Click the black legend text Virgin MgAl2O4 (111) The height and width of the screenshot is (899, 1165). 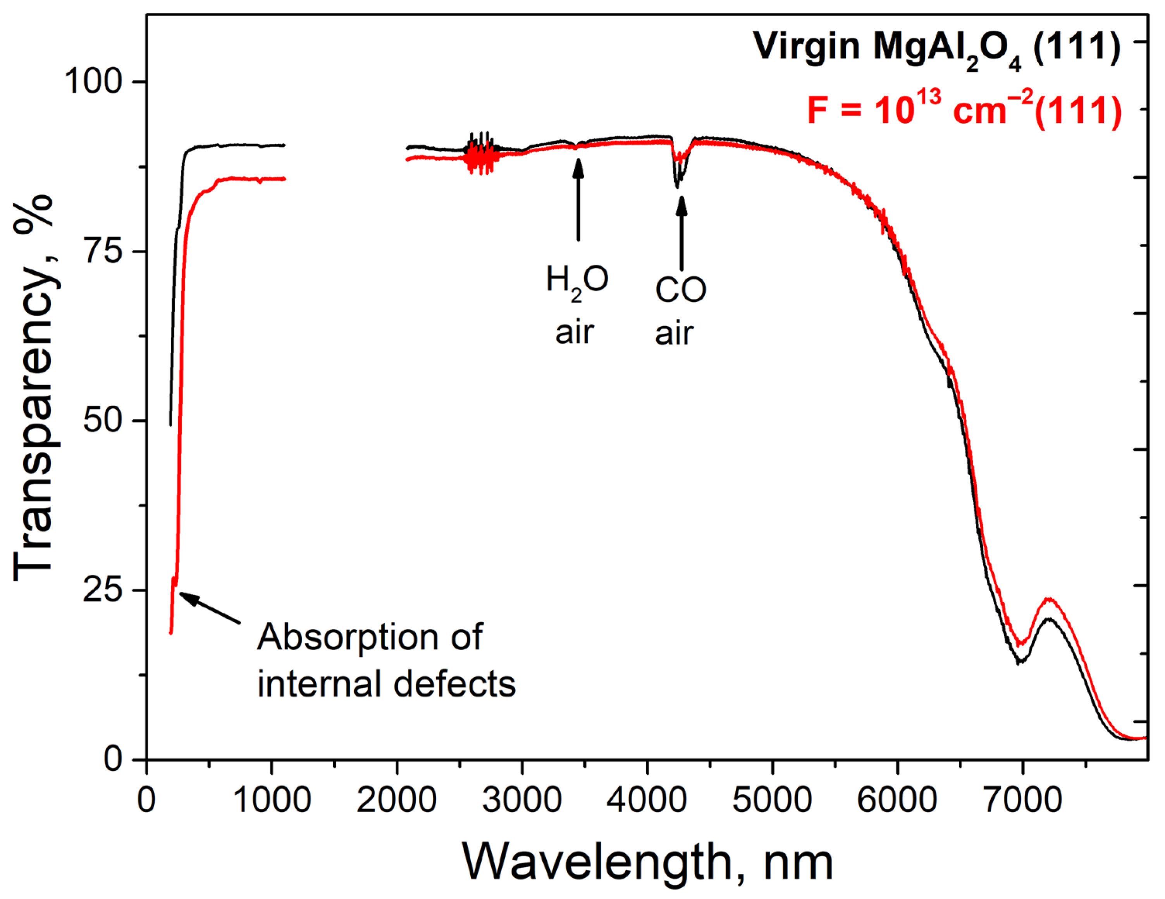(x=936, y=48)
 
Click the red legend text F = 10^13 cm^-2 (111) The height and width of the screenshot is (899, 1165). (x=964, y=111)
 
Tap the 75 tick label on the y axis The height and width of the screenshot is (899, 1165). (x=102, y=251)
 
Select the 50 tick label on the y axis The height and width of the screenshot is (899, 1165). (x=102, y=420)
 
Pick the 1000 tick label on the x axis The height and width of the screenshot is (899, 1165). (x=272, y=800)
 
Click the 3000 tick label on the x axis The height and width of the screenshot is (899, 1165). (x=522, y=800)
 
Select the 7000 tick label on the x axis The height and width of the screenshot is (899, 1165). (x=1022, y=800)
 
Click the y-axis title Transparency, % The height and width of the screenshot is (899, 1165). (x=34, y=389)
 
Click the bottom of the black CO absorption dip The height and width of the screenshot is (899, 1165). (x=677, y=186)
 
